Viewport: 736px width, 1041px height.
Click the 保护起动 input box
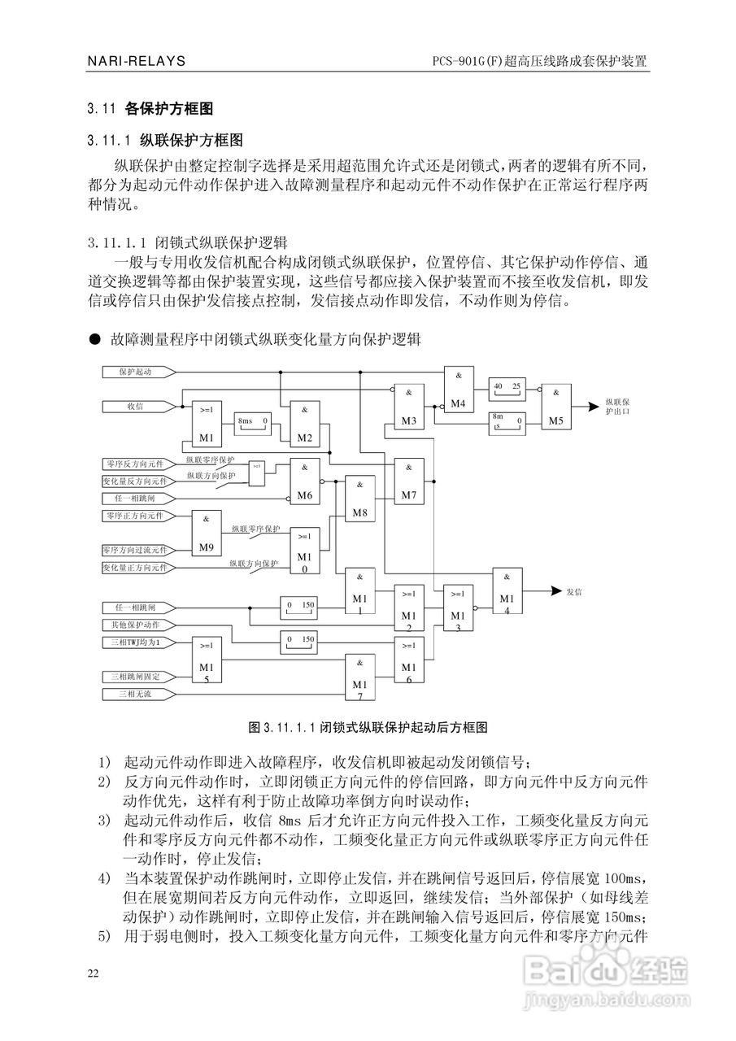pyautogui.click(x=137, y=371)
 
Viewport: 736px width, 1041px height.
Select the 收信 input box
pyautogui.click(x=137, y=404)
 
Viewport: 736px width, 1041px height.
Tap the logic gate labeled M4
pyautogui.click(x=459, y=389)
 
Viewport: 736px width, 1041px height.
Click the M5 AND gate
pyautogui.click(x=555, y=406)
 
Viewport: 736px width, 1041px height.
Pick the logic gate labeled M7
pyautogui.click(x=409, y=481)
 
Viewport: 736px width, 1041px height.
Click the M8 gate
pyautogui.click(x=359, y=499)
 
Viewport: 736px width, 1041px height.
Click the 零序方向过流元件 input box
pyautogui.click(x=135, y=550)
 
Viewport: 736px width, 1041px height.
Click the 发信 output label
pyautogui.click(x=573, y=591)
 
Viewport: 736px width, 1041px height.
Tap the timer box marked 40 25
pyautogui.click(x=506, y=387)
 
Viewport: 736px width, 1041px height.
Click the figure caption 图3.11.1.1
pyautogui.click(x=367, y=725)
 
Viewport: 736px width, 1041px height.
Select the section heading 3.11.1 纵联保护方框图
pyautogui.click(x=166, y=139)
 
